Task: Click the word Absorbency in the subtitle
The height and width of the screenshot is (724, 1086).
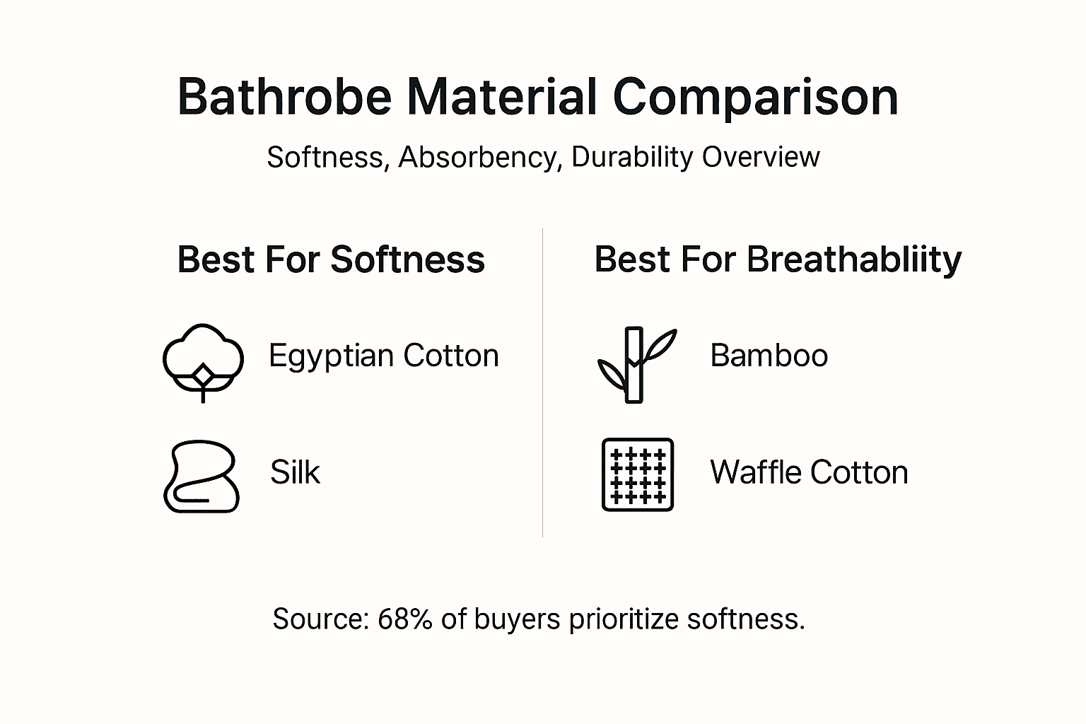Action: pos(478,157)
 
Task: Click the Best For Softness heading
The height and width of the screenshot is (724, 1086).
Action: pos(331,259)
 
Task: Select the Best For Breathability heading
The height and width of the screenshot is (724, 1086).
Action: pos(778,259)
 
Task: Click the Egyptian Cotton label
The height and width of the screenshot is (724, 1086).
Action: pos(384,355)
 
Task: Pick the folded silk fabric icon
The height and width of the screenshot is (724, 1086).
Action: pos(202,477)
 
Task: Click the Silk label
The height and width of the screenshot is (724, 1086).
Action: pos(295,472)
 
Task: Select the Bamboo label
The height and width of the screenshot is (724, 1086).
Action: pos(769,355)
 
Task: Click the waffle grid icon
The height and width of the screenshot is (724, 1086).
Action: pos(637,474)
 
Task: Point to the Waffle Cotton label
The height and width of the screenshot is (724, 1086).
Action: pos(809,472)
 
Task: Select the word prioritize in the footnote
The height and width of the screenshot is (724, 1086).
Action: pos(624,619)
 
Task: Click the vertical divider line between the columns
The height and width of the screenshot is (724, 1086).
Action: pos(542,382)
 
